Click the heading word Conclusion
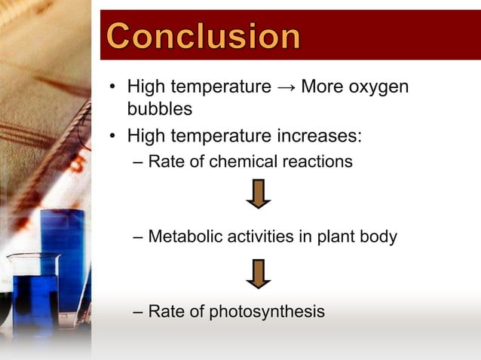coord(203,35)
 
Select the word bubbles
coord(159,109)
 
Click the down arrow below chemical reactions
coord(259,194)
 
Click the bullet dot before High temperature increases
coord(112,137)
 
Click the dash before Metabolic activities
coord(136,236)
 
